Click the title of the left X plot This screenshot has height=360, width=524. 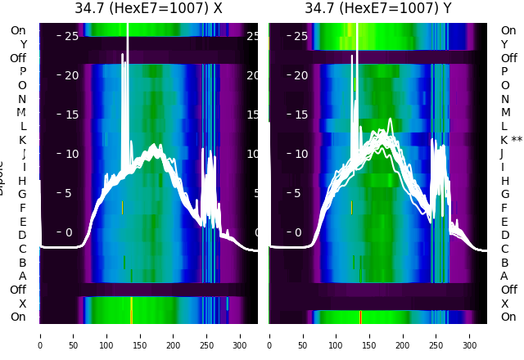148,8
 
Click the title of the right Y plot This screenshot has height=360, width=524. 378,8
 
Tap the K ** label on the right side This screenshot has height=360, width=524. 511,140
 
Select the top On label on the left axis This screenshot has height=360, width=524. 18,30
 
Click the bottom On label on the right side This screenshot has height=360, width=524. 508,317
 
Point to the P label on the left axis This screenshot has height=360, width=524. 22,71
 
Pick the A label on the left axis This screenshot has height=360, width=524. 22,276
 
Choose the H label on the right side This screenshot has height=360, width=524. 505,181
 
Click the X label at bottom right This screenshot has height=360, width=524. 505,304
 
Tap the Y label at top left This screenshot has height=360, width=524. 22,44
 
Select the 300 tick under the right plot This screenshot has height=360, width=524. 470,335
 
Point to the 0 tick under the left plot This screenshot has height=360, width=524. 40,335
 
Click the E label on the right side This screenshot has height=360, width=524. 505,222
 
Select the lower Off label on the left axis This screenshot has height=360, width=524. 18,290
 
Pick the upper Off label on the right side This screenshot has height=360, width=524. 508,58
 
